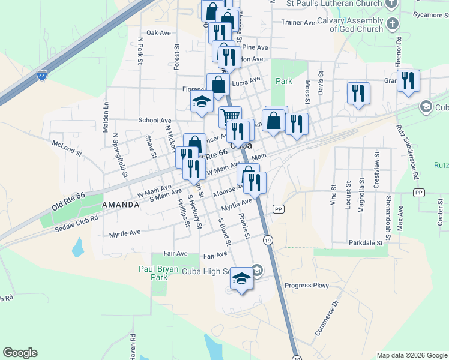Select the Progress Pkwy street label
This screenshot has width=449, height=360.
tap(307, 286)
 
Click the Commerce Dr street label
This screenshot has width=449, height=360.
tap(328, 316)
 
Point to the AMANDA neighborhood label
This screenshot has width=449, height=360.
tap(121, 205)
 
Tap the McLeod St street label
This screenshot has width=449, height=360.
tap(67, 148)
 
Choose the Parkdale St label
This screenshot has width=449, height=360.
tap(366, 243)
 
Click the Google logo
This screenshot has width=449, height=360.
tap(20, 353)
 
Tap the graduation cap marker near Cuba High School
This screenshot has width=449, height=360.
tap(242, 279)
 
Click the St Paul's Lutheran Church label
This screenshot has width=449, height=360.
tap(334, 4)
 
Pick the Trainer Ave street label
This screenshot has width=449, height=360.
tap(298, 23)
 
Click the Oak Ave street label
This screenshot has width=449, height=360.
tap(159, 33)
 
